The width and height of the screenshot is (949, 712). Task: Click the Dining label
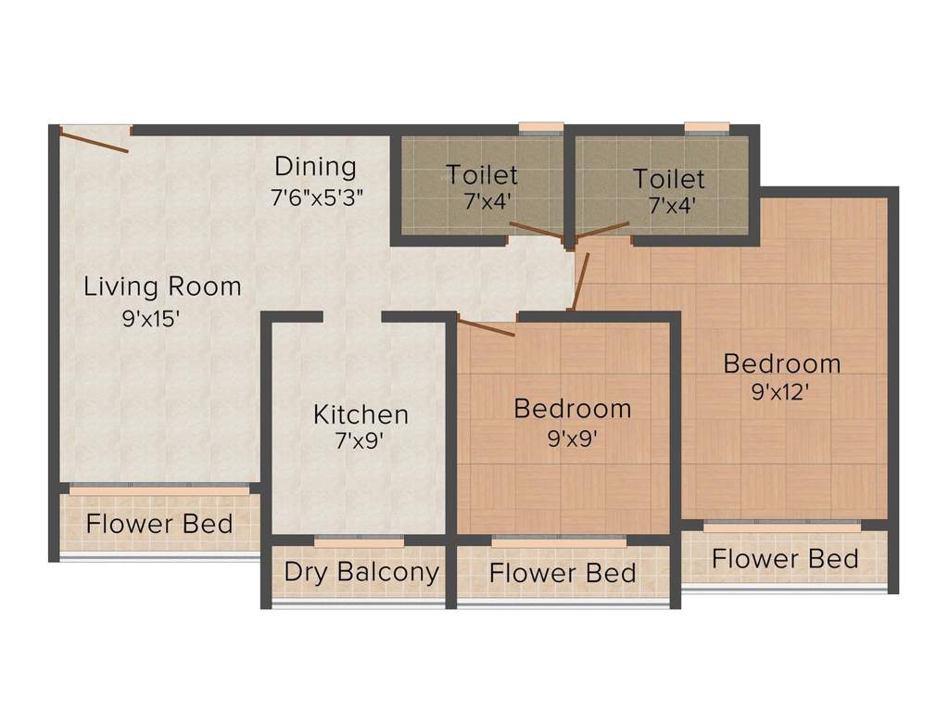click(315, 168)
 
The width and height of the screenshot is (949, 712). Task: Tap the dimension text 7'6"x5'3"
click(315, 197)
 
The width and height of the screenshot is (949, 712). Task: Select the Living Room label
click(162, 286)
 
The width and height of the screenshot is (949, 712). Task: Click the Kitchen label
click(361, 413)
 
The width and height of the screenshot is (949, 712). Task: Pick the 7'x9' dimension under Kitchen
click(360, 441)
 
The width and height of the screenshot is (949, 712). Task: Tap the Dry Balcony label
click(361, 572)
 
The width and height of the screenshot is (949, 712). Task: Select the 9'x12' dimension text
click(780, 391)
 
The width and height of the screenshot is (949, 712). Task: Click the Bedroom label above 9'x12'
click(782, 362)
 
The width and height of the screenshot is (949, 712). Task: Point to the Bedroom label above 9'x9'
click(573, 408)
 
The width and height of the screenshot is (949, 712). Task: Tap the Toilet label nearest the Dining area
click(481, 174)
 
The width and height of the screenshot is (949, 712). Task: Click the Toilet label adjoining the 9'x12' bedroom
click(668, 178)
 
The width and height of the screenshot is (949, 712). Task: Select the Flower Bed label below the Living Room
click(159, 524)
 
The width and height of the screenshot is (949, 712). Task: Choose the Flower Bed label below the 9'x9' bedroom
click(563, 573)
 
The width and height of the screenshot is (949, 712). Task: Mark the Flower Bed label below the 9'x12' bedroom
click(785, 559)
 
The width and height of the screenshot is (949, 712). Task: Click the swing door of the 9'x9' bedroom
click(487, 327)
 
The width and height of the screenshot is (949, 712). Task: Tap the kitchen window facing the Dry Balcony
click(360, 541)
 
